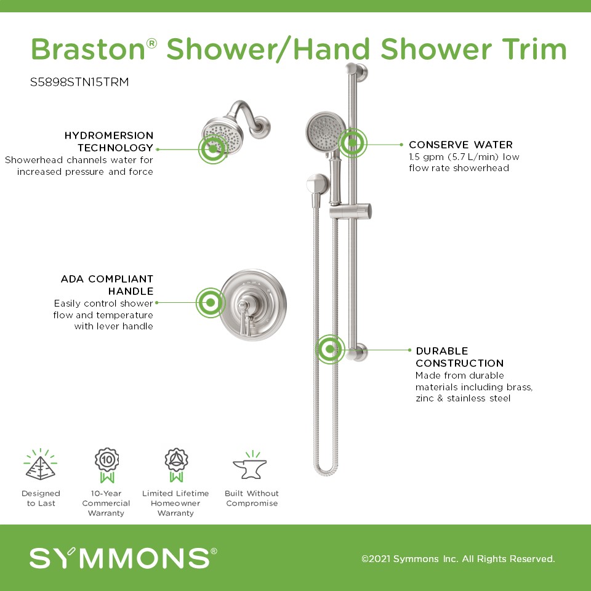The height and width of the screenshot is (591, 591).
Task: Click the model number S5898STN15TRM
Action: (79, 82)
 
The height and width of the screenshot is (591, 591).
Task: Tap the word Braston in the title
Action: (88, 49)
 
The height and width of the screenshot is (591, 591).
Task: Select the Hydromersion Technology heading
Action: (109, 142)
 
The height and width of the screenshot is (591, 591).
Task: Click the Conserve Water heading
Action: (460, 145)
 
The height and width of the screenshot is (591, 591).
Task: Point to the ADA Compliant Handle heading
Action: (107, 285)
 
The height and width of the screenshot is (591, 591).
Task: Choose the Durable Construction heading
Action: (459, 357)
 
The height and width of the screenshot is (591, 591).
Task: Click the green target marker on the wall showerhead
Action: (213, 149)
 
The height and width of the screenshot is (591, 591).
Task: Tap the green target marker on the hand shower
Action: (352, 143)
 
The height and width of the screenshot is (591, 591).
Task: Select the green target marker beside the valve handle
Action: (211, 302)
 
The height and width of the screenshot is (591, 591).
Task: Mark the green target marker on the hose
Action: (330, 349)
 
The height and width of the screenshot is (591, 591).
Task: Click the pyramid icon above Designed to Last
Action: (41, 465)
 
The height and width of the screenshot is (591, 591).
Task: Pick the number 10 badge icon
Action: (107, 465)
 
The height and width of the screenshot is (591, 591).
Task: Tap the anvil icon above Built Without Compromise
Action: (250, 465)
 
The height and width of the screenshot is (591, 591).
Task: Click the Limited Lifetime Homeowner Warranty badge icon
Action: (176, 465)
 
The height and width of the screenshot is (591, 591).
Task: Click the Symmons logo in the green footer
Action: (123, 558)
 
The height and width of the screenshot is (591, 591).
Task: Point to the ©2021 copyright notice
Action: (458, 558)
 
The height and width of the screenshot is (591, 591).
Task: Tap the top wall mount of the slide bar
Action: (356, 71)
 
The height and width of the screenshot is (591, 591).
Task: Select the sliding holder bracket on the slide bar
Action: (350, 212)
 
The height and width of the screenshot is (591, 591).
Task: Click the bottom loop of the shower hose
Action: (326, 467)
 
